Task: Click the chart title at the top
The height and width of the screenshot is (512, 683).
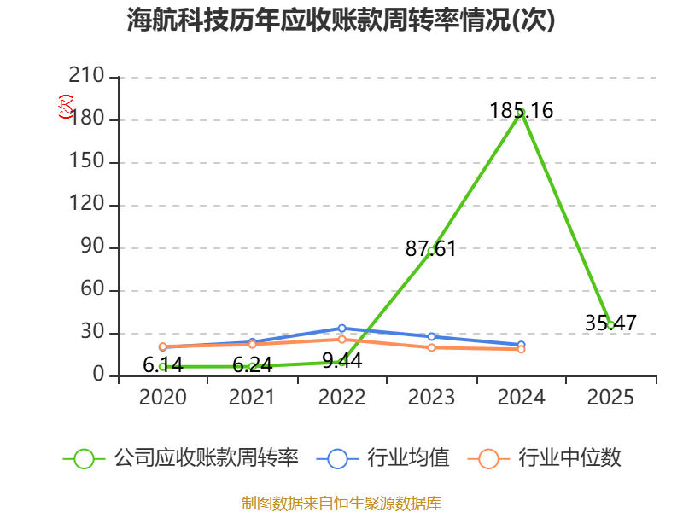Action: (x=341, y=20)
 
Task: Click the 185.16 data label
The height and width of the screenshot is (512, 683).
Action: (x=522, y=111)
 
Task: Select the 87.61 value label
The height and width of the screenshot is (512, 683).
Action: (x=431, y=249)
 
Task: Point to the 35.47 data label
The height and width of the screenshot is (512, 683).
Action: (x=610, y=323)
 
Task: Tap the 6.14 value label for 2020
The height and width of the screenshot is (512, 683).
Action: (x=163, y=365)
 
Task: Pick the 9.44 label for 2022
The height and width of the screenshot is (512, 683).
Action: (x=342, y=361)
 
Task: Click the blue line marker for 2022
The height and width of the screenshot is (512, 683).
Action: (x=342, y=329)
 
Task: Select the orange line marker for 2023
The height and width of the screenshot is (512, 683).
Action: (x=432, y=347)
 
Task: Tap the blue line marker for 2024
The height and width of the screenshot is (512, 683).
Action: (x=521, y=345)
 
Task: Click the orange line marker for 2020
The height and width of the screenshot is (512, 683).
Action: (x=163, y=346)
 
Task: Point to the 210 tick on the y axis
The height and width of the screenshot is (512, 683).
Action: (x=86, y=75)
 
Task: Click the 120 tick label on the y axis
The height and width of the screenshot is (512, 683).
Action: (x=86, y=203)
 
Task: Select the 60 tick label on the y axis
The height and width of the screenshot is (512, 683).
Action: (x=92, y=288)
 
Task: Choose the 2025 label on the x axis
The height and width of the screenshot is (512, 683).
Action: (x=610, y=398)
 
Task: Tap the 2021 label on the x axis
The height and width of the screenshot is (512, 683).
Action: (x=252, y=398)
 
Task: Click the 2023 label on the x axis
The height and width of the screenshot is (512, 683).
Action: (x=431, y=398)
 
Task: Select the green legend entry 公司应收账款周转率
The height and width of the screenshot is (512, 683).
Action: (x=181, y=458)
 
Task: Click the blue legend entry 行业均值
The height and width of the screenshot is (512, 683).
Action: (x=382, y=458)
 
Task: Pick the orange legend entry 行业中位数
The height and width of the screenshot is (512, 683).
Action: (x=544, y=458)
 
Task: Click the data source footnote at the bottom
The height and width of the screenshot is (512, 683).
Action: (x=341, y=503)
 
